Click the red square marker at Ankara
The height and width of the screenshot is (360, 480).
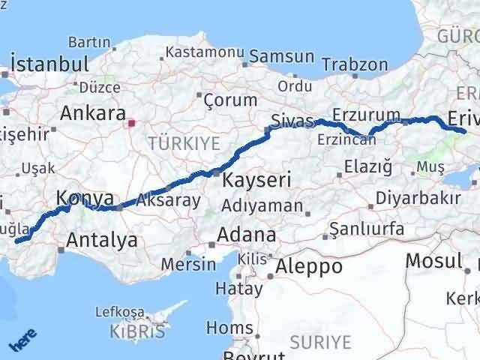pos(131,123)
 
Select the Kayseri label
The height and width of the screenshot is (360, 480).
pos(256,180)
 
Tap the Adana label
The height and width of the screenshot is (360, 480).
pos(246,235)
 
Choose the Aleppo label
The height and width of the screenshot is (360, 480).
pos(309,266)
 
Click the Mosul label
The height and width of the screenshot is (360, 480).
pos(433,261)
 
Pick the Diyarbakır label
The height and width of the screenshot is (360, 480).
pos(418,199)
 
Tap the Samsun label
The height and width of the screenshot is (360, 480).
pos(281,56)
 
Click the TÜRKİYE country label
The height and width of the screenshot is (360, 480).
pos(184,142)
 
